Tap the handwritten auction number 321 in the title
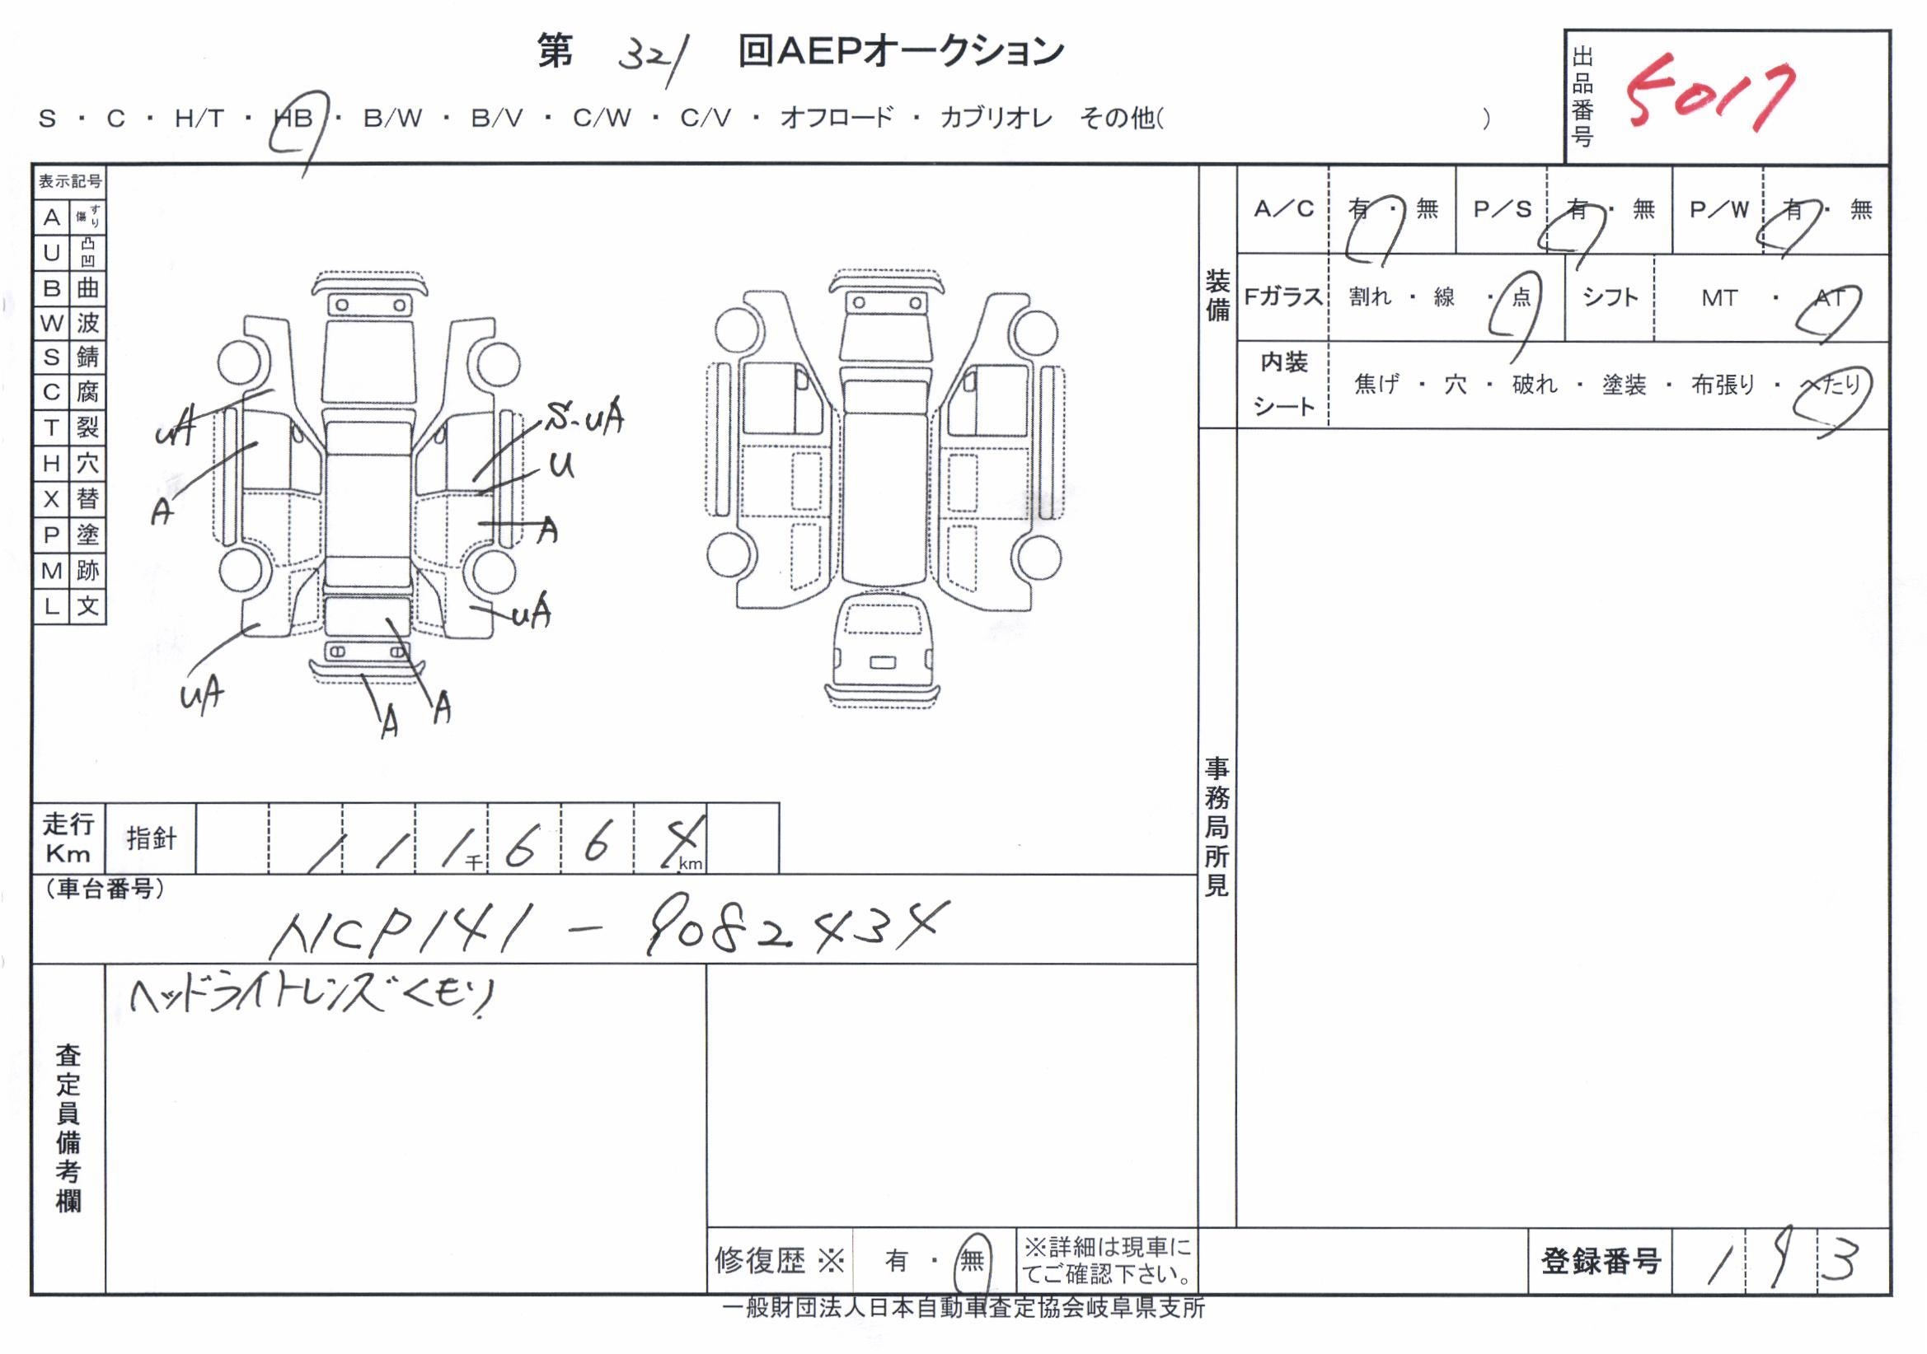pos(653,57)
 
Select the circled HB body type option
pos(293,119)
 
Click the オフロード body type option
pos(837,119)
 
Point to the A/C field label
pos(1283,209)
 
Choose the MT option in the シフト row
pos(1718,298)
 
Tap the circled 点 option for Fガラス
pos(1521,298)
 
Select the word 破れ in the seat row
pos(1534,385)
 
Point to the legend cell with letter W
pos(52,323)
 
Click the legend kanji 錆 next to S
pos(87,357)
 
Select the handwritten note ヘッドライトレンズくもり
pos(311,997)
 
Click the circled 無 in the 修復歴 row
pos(972,1260)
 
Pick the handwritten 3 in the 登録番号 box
pos(1840,1261)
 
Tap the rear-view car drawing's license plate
pos(882,663)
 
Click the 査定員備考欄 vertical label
pos(68,1128)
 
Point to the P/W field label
pos(1718,209)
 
